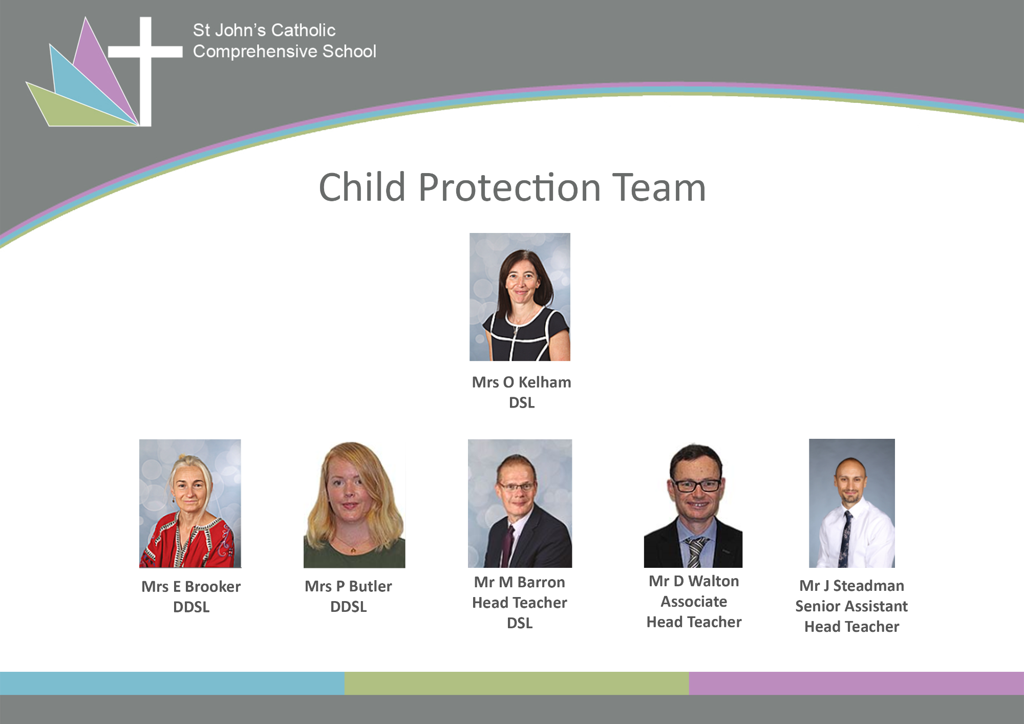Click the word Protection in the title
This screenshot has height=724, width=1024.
(x=509, y=188)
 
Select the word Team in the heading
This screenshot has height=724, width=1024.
(x=659, y=188)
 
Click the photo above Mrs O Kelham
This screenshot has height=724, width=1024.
(x=520, y=297)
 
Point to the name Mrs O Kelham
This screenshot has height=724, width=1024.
(x=521, y=382)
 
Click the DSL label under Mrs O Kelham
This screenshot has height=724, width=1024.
(x=522, y=402)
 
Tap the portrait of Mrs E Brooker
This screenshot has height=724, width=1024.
(x=190, y=503)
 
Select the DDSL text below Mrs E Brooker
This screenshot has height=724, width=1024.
(x=191, y=607)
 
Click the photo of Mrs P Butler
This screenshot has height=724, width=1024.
(x=354, y=504)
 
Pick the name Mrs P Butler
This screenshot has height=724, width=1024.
(x=348, y=586)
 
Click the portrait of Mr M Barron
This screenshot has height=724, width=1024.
(x=520, y=503)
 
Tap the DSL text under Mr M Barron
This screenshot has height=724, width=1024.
(x=520, y=623)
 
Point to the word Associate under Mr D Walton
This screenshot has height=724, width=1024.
(x=694, y=602)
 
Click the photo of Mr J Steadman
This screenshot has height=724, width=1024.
(x=852, y=503)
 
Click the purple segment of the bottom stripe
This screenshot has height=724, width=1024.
(x=856, y=683)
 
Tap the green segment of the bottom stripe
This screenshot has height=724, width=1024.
(x=517, y=683)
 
